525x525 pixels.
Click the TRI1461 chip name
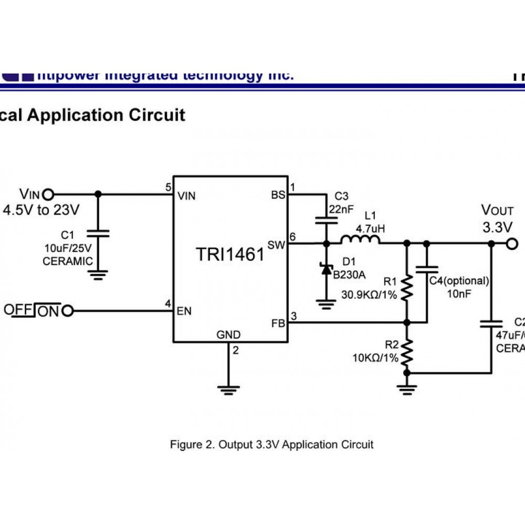230,255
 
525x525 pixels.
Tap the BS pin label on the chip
278,195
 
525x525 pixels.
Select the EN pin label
184,311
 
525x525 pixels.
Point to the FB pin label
278,323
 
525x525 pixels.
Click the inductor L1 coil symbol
360,240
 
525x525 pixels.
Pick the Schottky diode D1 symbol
326,269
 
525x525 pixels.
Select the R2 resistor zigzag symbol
407,352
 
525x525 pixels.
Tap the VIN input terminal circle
48,194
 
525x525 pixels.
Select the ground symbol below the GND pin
229,389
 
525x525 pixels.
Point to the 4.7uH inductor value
370,229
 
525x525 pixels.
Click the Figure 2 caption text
271,445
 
